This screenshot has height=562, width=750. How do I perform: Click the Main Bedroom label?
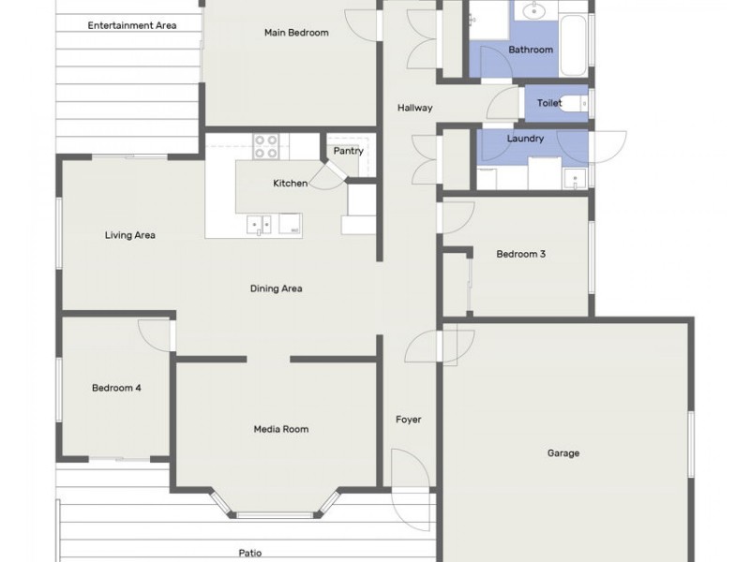(x=296, y=33)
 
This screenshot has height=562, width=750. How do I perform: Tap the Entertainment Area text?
(x=132, y=25)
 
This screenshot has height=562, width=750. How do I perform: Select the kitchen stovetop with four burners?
(x=266, y=146)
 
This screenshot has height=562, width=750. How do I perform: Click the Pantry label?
(x=348, y=151)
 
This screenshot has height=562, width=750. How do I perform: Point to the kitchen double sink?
(x=259, y=225)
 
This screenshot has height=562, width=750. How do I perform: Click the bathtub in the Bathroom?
(x=573, y=45)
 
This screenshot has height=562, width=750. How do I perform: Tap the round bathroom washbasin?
(x=532, y=10)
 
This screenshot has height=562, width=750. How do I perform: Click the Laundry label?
(x=525, y=139)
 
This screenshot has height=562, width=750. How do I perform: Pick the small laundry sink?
(x=575, y=179)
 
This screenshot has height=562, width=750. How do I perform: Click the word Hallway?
(x=414, y=108)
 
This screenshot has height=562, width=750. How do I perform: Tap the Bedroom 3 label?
(x=521, y=254)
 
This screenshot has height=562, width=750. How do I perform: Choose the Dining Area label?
(x=276, y=288)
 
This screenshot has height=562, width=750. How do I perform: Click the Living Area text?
(x=130, y=235)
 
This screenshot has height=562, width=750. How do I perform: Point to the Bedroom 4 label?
(x=116, y=388)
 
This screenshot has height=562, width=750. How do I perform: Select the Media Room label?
(x=280, y=429)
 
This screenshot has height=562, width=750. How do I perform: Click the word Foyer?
(x=409, y=420)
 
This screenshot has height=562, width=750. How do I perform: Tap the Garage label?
(x=563, y=453)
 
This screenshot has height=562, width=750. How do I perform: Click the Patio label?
(x=250, y=554)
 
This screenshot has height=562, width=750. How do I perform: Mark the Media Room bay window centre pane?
(x=275, y=515)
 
